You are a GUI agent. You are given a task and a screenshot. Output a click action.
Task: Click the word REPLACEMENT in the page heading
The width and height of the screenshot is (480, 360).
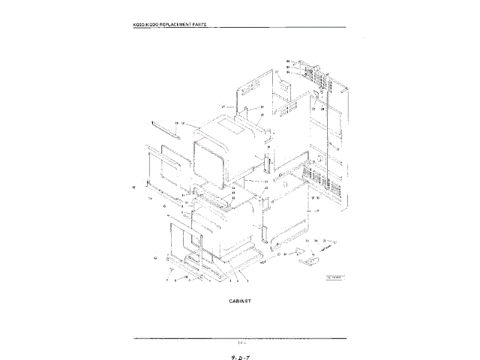tap(181, 26)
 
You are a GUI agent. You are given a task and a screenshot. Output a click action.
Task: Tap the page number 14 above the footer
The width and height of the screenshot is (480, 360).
tap(240, 342)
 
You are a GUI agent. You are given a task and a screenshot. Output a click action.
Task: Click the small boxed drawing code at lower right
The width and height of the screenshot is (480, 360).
tap(334, 277)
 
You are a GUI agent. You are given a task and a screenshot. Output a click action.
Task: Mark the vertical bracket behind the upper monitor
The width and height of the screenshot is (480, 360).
tap(265, 160)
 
